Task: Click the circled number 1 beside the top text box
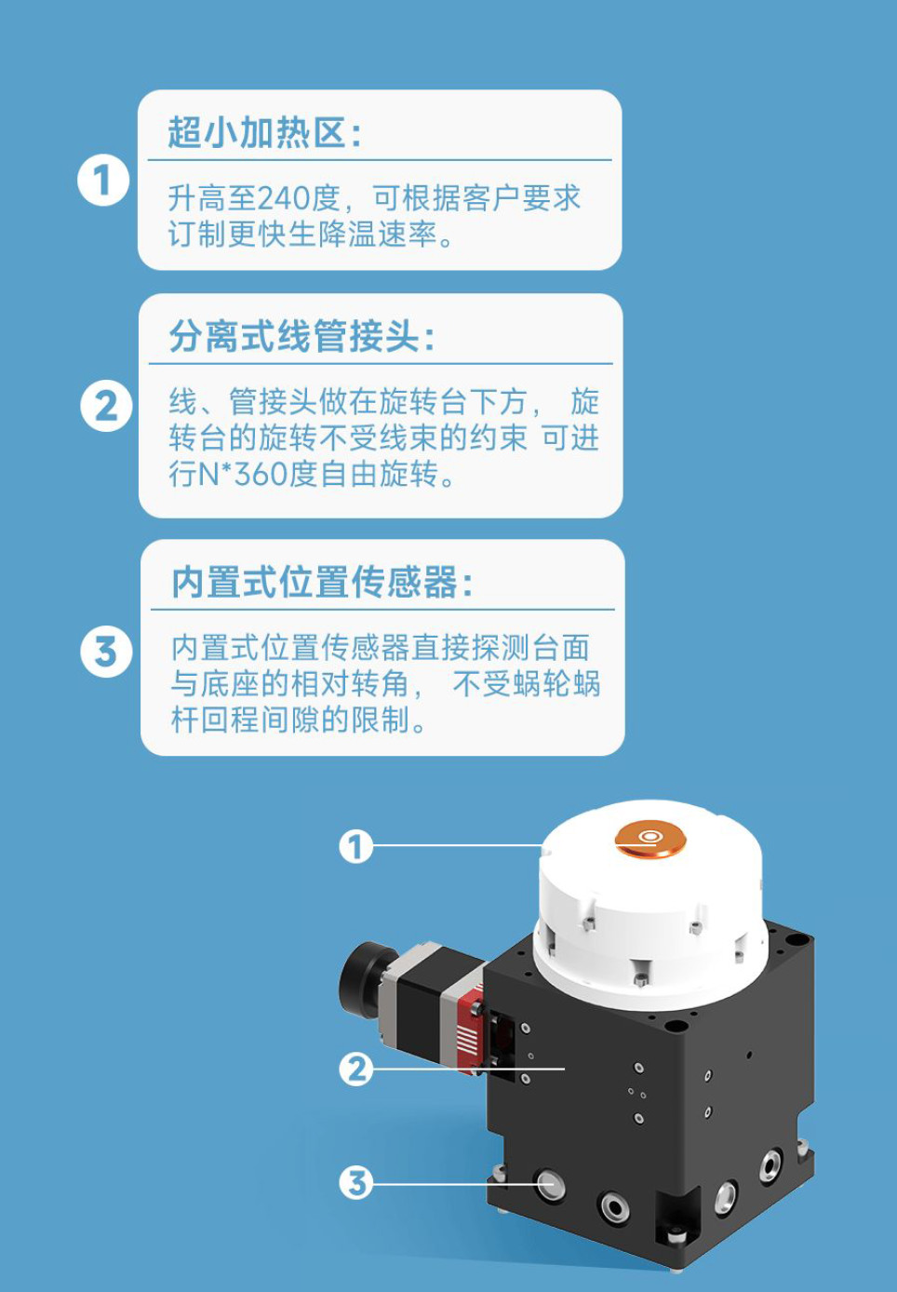(102, 181)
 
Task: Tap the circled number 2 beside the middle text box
(106, 407)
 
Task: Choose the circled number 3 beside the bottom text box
(106, 652)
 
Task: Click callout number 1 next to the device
(355, 847)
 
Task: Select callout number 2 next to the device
(355, 1070)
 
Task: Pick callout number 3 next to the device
(355, 1184)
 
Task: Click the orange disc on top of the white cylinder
(650, 839)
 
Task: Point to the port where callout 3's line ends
(550, 1185)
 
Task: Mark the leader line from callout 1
(456, 846)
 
